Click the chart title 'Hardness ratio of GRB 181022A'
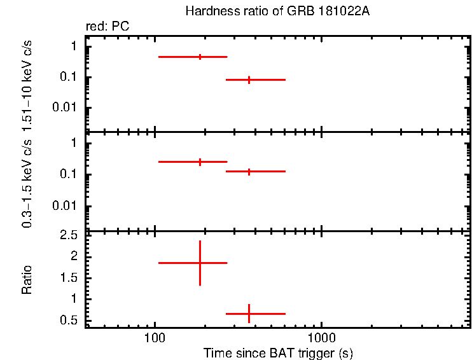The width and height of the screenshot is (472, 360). (276, 11)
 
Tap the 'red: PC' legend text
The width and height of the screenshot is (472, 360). (108, 27)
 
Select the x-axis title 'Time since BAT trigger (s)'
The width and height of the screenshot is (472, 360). (278, 352)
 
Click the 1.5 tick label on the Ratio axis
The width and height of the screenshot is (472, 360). (69, 278)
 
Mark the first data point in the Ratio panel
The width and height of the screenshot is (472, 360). (200, 263)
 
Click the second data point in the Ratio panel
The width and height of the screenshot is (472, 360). (249, 314)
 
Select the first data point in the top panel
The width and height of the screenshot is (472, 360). (200, 57)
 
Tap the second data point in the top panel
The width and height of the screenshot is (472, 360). (249, 80)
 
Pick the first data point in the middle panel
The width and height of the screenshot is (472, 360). (200, 162)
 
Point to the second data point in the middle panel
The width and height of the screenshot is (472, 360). (249, 171)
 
